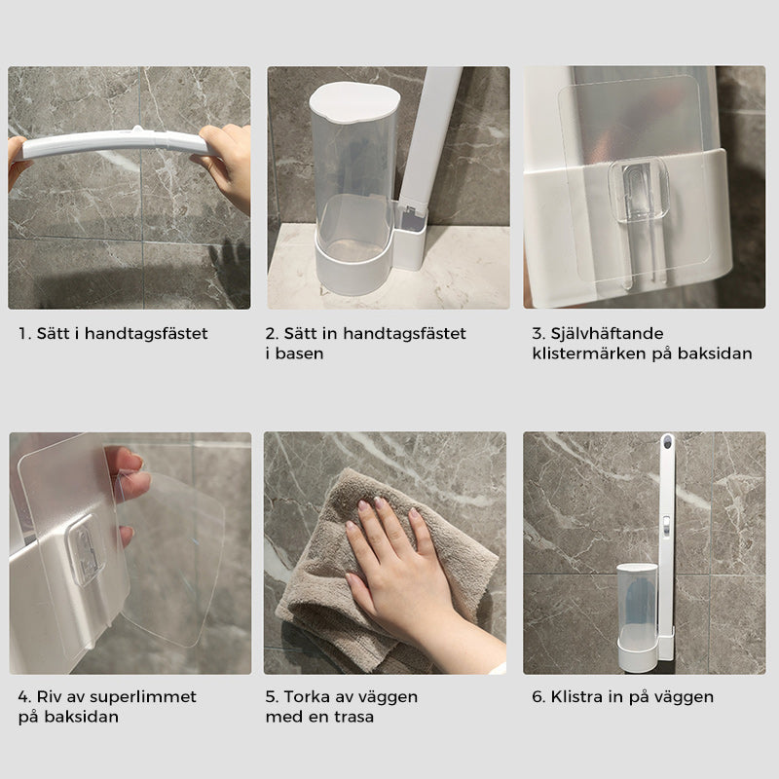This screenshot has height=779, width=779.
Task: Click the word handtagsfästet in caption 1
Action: (x=146, y=334)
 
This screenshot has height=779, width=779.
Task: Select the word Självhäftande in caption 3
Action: (x=607, y=334)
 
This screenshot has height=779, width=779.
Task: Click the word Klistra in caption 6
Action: (x=576, y=696)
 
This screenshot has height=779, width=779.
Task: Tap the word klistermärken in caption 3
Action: (x=589, y=353)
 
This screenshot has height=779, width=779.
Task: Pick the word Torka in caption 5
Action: (x=304, y=697)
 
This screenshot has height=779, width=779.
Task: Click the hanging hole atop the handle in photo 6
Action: (x=668, y=440)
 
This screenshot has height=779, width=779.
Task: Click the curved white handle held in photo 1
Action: (x=114, y=145)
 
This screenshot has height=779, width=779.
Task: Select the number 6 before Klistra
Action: (x=538, y=697)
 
